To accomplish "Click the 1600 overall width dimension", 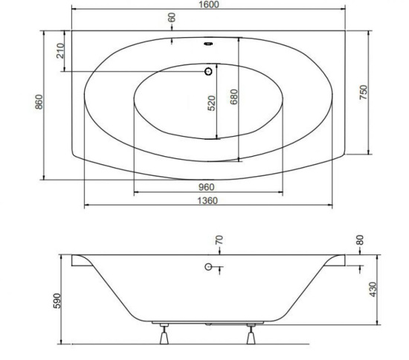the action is coord(209,4).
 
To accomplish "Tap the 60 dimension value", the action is coord(172,18).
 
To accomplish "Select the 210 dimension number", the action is coord(60,51).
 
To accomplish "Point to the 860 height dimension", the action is coord(39,102).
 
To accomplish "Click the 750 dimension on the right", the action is coord(364,92).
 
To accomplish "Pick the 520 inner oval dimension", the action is coord(211,103).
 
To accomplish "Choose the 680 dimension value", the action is coord(234,97).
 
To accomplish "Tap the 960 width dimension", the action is coord(206,187).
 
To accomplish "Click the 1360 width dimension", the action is coord(207,201).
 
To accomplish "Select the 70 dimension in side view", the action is coord(219,240).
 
